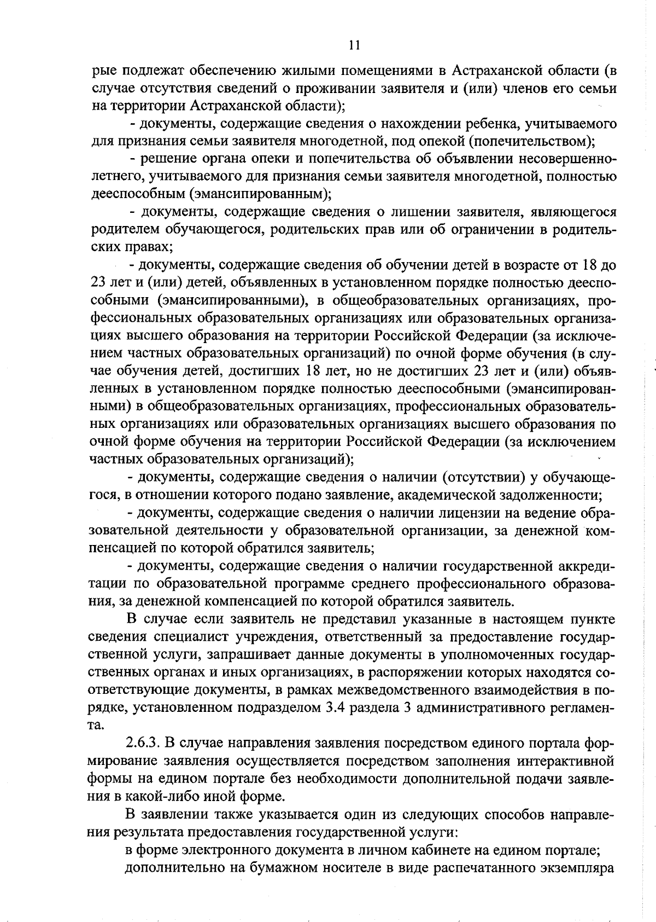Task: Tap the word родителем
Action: pos(121,229)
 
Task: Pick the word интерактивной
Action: pos(566,761)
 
